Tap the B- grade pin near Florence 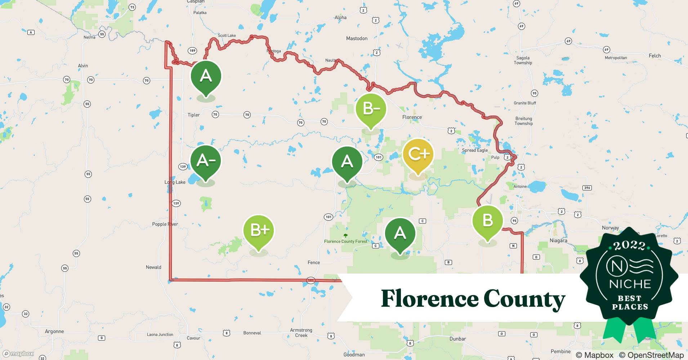click(x=371, y=109)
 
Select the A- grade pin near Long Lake click(x=206, y=161)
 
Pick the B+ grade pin click(x=259, y=230)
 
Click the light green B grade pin click(x=487, y=220)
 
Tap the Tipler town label click(x=193, y=115)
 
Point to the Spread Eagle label click(x=475, y=150)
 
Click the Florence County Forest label click(x=345, y=241)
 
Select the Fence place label click(x=313, y=262)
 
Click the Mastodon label click(x=357, y=39)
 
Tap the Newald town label click(x=153, y=267)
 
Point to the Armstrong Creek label click(x=301, y=333)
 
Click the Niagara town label click(x=558, y=240)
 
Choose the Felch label click(x=655, y=56)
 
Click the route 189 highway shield click(x=192, y=51)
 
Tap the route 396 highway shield click(x=587, y=188)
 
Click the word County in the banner click(x=524, y=299)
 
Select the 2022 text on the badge click(x=630, y=246)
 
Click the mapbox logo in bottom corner click(x=18, y=354)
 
